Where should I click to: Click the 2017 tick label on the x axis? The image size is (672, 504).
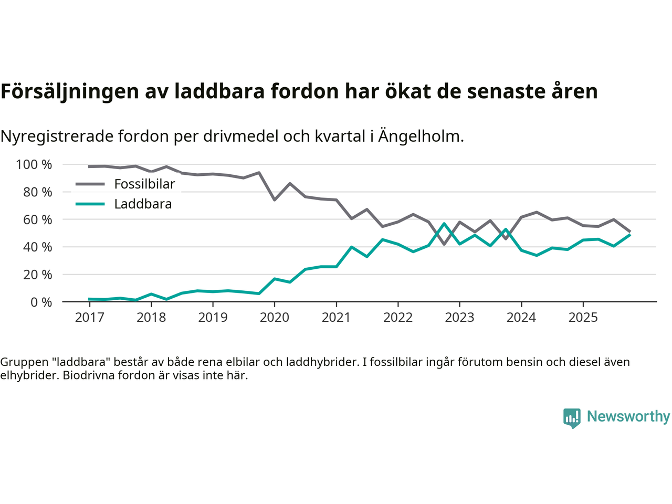[x=89, y=318]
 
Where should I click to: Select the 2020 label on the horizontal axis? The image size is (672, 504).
[x=275, y=318]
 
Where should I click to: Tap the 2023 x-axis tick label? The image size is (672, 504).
[x=459, y=318]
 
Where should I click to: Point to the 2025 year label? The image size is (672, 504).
[x=583, y=318]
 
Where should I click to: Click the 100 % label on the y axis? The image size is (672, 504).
[x=34, y=165]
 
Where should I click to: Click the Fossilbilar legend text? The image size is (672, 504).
[x=144, y=184]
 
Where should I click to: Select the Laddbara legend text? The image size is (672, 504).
[x=143, y=204]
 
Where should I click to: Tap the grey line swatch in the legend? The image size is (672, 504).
[x=90, y=184]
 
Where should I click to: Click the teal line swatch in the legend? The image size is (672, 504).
[x=90, y=204]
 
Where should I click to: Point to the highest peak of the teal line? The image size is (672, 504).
[x=444, y=224]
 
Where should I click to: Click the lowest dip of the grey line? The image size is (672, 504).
[x=444, y=244]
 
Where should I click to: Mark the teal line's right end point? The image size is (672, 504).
[x=629, y=235]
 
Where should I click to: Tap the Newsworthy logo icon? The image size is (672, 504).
[x=572, y=418]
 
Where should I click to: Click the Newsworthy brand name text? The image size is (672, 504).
[x=628, y=416]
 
